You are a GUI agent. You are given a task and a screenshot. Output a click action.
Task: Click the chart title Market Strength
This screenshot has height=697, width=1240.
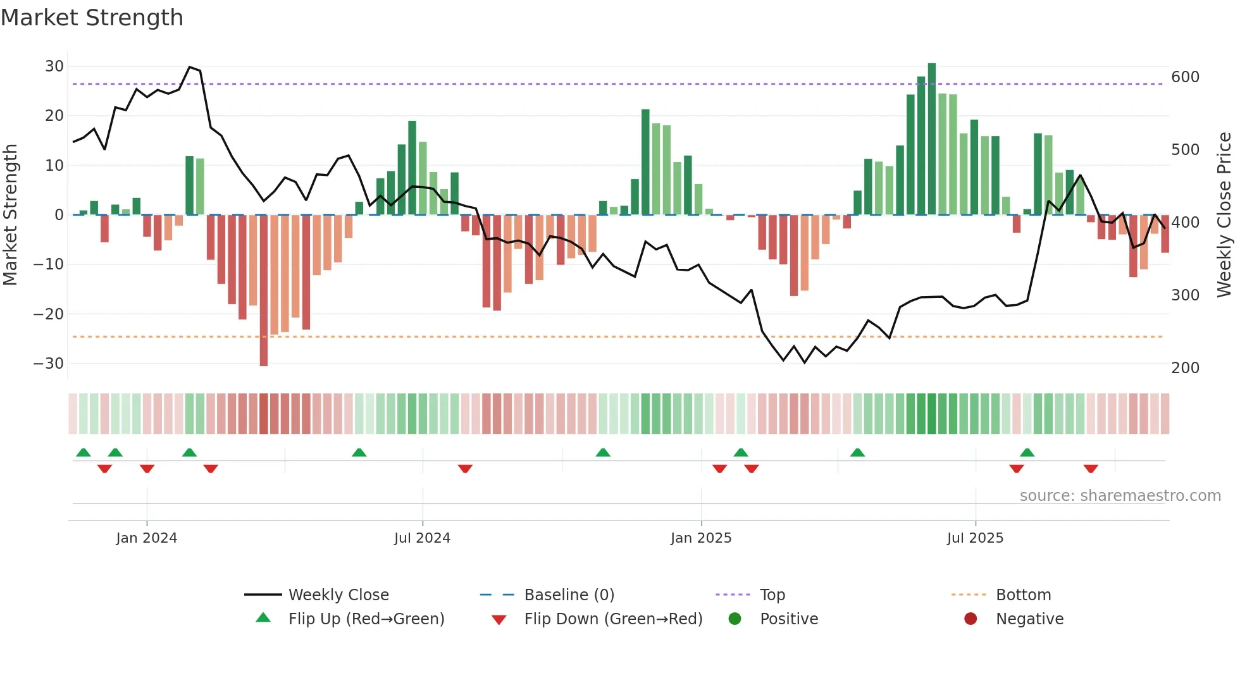tap(92, 18)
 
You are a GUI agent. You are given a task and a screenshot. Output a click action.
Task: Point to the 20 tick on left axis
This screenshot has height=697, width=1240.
tap(54, 116)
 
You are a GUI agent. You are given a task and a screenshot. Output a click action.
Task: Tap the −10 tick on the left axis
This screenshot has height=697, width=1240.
tap(49, 264)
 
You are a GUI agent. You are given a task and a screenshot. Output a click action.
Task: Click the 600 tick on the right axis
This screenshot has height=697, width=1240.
tap(1185, 77)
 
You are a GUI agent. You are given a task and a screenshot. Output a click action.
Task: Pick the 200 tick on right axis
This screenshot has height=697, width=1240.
tap(1185, 368)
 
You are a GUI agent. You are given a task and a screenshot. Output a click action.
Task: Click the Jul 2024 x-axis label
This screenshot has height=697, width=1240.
tap(422, 538)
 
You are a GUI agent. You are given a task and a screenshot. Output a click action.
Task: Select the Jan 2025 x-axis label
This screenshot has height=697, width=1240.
tap(701, 538)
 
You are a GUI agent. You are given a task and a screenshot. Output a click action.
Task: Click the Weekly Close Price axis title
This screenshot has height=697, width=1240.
tap(1224, 215)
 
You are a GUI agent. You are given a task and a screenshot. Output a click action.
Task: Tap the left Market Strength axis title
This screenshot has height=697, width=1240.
tap(11, 215)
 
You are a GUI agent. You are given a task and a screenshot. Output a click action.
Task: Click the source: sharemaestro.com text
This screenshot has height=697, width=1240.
tap(1120, 496)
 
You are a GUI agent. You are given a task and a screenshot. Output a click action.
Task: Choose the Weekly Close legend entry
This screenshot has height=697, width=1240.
tap(338, 595)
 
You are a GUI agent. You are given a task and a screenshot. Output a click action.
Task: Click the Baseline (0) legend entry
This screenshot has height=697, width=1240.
tap(569, 595)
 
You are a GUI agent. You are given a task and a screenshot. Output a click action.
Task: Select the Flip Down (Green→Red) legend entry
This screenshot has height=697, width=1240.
tap(613, 619)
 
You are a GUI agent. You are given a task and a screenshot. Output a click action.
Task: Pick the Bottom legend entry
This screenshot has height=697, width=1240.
tap(1023, 595)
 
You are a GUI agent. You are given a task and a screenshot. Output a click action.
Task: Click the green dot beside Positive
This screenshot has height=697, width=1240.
tap(735, 619)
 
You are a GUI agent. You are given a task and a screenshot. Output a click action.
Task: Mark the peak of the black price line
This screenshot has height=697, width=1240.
tap(190, 67)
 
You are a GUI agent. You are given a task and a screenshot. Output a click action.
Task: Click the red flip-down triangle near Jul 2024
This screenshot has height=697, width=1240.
tap(465, 469)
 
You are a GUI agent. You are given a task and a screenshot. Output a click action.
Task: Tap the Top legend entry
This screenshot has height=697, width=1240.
tap(772, 595)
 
